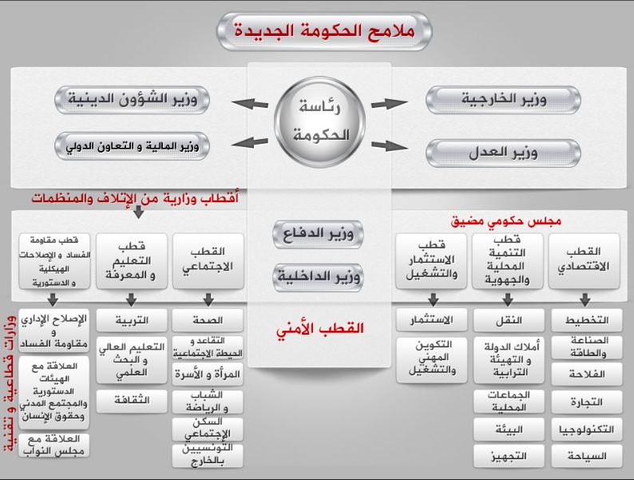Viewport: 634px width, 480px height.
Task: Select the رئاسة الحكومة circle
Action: [317, 121]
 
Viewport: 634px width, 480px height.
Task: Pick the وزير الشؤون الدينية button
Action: [131, 101]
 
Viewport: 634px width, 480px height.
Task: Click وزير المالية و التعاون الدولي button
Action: [131, 147]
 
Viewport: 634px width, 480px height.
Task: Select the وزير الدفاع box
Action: [318, 234]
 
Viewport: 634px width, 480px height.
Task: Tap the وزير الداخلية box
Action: [318, 277]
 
